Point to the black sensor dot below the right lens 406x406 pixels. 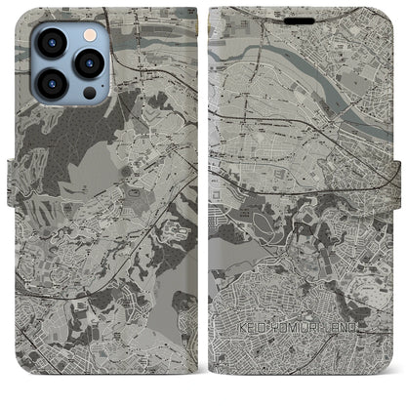coord(90,93)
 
